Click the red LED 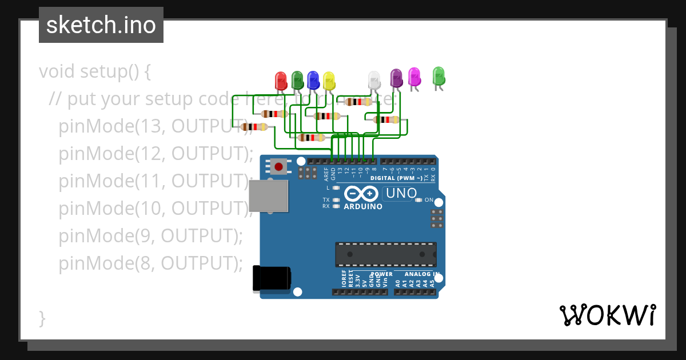click(281, 80)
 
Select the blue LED click(313, 80)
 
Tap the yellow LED click(329, 80)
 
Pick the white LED click(374, 79)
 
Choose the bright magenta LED click(414, 76)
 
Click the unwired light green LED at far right click(438, 75)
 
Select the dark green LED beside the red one click(297, 80)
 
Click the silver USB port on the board click(269, 196)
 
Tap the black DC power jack click(272, 279)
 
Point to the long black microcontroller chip click(386, 254)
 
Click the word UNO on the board click(401, 194)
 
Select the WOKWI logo click(607, 315)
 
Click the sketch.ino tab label click(101, 25)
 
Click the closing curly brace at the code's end click(42, 318)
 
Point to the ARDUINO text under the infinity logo click(363, 206)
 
